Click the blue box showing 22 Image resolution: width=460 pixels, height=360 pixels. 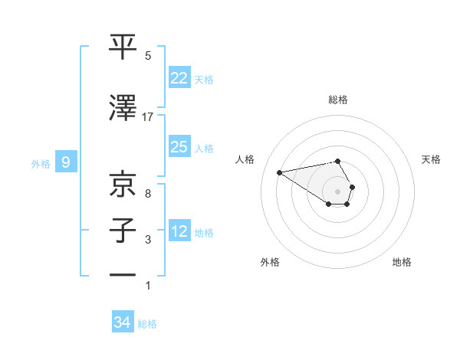pyautogui.click(x=179, y=77)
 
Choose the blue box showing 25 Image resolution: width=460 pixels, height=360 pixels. pyautogui.click(x=179, y=146)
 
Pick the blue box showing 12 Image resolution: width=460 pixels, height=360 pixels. pyautogui.click(x=179, y=231)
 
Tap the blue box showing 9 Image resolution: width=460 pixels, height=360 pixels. pyautogui.click(x=66, y=162)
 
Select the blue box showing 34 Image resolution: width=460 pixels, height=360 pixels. pyautogui.click(x=123, y=322)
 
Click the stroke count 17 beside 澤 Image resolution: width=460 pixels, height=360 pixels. pyautogui.click(x=148, y=117)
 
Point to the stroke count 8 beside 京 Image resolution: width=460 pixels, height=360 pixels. pyautogui.click(x=148, y=193)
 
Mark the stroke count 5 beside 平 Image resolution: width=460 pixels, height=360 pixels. pyautogui.click(x=148, y=56)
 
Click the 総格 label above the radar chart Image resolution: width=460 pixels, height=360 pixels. pyautogui.click(x=338, y=100)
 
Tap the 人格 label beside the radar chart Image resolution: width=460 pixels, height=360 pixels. pyautogui.click(x=245, y=159)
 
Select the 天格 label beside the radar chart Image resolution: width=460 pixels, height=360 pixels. pyautogui.click(x=432, y=159)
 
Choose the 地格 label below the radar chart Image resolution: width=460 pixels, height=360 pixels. pyautogui.click(x=402, y=262)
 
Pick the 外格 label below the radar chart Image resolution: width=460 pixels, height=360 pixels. pyautogui.click(x=270, y=262)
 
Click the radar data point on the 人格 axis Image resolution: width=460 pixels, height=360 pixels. pyautogui.click(x=280, y=172)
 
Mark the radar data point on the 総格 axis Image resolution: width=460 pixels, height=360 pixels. pyautogui.click(x=338, y=161)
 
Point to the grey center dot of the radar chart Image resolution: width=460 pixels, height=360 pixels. pyautogui.click(x=338, y=191)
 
